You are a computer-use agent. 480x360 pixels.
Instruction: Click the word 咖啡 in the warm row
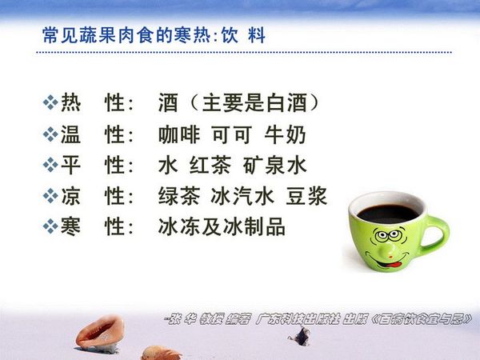pos(179,134)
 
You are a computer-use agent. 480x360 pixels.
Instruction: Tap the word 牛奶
pos(285,134)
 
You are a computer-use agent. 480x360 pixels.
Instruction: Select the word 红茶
pos(210,166)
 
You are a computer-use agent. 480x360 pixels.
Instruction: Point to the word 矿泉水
pos(275,166)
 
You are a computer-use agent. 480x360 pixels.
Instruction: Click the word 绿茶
pos(179,196)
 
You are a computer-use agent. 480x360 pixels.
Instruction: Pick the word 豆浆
pos(306,196)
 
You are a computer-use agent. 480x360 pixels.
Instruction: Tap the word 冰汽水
pos(242,196)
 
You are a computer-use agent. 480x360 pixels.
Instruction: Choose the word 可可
pos(232,134)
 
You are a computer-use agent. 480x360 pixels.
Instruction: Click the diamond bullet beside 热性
pos(50,102)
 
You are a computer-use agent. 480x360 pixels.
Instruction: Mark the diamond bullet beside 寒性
pos(50,226)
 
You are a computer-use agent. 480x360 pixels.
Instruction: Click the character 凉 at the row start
pos(70,196)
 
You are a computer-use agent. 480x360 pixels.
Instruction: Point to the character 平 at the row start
pos(70,166)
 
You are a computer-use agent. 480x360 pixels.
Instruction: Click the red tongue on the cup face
pos(394,263)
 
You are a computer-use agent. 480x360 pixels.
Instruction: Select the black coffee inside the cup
pos(387,213)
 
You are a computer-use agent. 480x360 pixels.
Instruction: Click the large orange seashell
pos(101,333)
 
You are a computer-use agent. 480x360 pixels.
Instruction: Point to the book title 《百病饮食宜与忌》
pos(422,319)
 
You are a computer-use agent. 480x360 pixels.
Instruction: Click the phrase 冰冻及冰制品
pos(222,226)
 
